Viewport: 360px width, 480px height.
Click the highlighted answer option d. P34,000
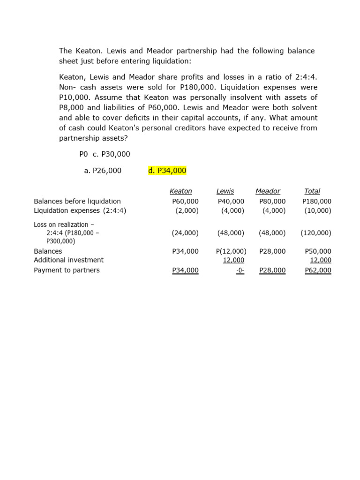point(167,171)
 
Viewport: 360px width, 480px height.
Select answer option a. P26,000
point(103,171)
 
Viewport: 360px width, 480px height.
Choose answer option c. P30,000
point(112,154)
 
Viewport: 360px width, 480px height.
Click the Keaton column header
point(181,191)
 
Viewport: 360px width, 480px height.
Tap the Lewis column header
point(225,191)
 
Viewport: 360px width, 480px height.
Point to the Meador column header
point(268,191)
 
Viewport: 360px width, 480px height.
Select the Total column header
point(312,191)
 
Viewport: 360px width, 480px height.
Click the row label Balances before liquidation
point(77,201)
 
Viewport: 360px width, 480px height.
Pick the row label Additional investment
point(69,260)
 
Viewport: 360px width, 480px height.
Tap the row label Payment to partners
point(67,270)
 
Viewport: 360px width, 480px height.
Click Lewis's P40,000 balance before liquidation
point(231,201)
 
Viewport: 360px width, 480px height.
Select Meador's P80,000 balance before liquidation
point(272,201)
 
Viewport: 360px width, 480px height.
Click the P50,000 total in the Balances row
point(318,251)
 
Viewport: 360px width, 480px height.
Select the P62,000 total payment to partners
point(318,270)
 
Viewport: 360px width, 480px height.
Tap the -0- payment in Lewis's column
point(240,270)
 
